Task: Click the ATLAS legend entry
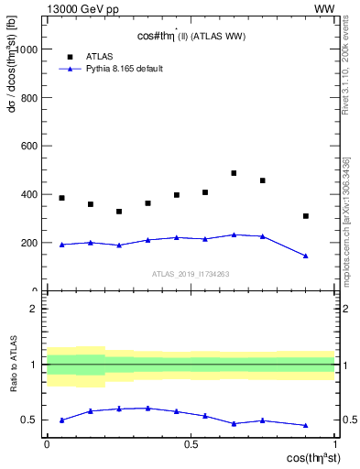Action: [x=99, y=55]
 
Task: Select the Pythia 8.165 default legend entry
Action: [x=117, y=69]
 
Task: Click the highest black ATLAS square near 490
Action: [x=234, y=173]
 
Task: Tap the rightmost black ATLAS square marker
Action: [x=306, y=216]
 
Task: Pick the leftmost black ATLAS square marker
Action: [x=61, y=198]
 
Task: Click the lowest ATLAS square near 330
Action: [x=119, y=212]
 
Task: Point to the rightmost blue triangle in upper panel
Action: [x=306, y=256]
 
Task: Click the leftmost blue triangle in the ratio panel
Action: [x=61, y=420]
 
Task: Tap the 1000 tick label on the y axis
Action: [x=27, y=49]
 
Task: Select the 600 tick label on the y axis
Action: [x=30, y=147]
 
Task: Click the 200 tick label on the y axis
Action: [x=30, y=244]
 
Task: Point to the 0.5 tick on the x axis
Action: [x=191, y=443]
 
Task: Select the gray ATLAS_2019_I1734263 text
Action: [x=191, y=273]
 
